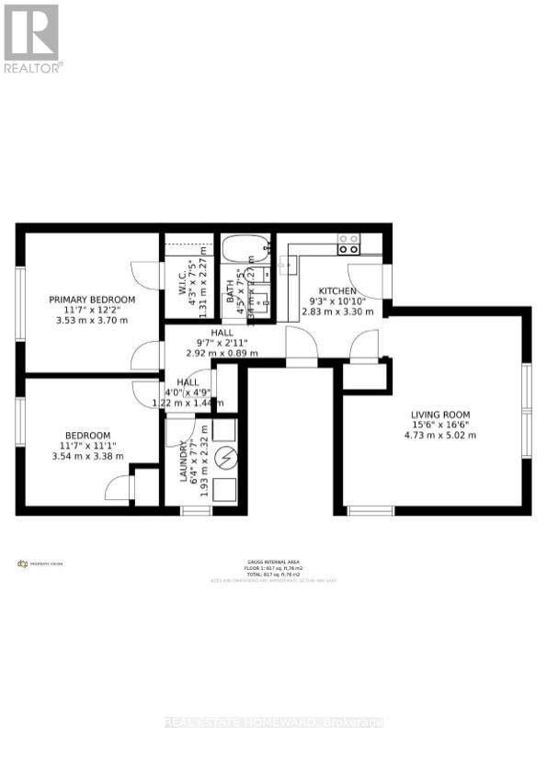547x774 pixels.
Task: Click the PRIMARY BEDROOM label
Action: coord(92,300)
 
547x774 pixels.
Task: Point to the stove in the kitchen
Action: coord(348,244)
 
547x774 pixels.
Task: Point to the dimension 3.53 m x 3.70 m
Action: coord(92,320)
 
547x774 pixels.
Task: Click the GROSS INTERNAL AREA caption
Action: coord(274,562)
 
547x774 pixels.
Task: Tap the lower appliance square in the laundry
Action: coord(225,490)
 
